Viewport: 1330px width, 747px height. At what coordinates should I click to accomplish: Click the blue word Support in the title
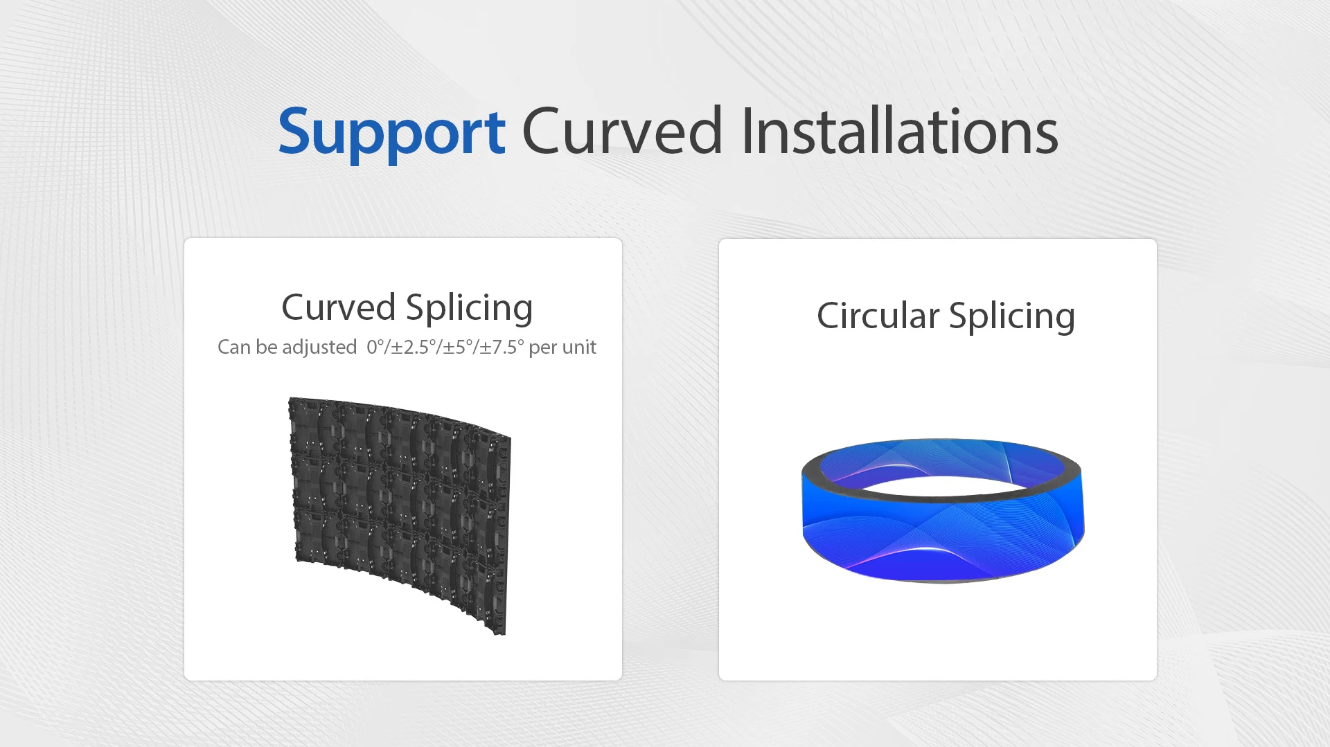tap(391, 133)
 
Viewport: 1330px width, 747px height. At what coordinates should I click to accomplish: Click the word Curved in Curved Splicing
tap(338, 307)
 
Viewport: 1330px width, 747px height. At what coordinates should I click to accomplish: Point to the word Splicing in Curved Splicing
tap(470, 309)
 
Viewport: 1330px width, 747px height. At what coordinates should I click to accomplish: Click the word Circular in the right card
tap(878, 316)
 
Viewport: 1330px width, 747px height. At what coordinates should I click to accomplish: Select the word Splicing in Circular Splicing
tap(1012, 317)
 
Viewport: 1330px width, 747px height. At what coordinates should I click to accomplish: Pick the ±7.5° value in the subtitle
tap(502, 347)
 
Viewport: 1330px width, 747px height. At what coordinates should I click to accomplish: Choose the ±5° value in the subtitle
tap(458, 347)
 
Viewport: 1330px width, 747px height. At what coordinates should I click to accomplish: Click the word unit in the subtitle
tap(580, 347)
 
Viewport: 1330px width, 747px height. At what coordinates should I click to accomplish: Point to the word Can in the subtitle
tap(234, 347)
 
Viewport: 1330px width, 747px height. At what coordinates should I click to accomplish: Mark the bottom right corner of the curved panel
tap(505, 634)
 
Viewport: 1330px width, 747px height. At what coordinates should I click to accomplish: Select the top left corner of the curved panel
tap(290, 397)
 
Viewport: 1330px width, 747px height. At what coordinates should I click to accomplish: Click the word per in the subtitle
tap(543, 348)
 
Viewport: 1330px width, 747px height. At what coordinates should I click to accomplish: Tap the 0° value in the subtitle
tap(375, 347)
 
